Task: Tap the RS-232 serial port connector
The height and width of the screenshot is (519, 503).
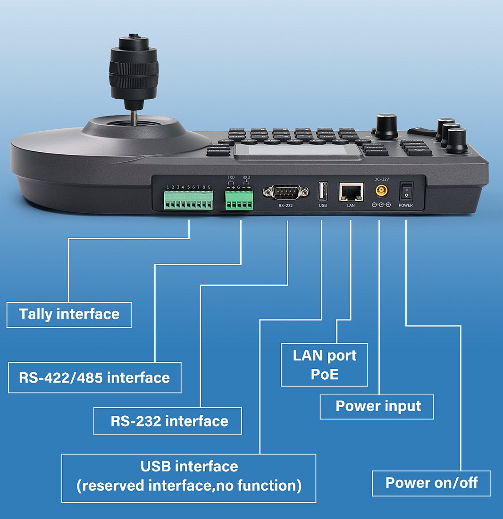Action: point(285,192)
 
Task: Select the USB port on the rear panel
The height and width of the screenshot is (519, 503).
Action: point(323,191)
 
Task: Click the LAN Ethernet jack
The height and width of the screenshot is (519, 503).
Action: point(351,192)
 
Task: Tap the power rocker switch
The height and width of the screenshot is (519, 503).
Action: point(406,191)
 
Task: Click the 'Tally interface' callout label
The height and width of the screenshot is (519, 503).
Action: point(69,315)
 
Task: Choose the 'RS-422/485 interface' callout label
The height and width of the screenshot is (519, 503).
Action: point(95,377)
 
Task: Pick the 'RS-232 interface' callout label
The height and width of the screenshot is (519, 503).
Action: point(168,421)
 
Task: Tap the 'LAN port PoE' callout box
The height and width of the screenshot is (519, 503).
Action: point(324,365)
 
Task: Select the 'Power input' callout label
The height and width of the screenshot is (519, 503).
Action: point(377,407)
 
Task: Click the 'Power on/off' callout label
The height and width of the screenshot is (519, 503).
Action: point(431,483)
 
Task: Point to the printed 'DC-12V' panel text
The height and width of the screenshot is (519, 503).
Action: point(381,179)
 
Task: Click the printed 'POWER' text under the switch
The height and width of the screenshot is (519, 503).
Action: point(406,206)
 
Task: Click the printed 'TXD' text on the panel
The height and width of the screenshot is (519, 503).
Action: point(231,178)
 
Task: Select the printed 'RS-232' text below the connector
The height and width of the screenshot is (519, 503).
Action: point(285,206)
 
